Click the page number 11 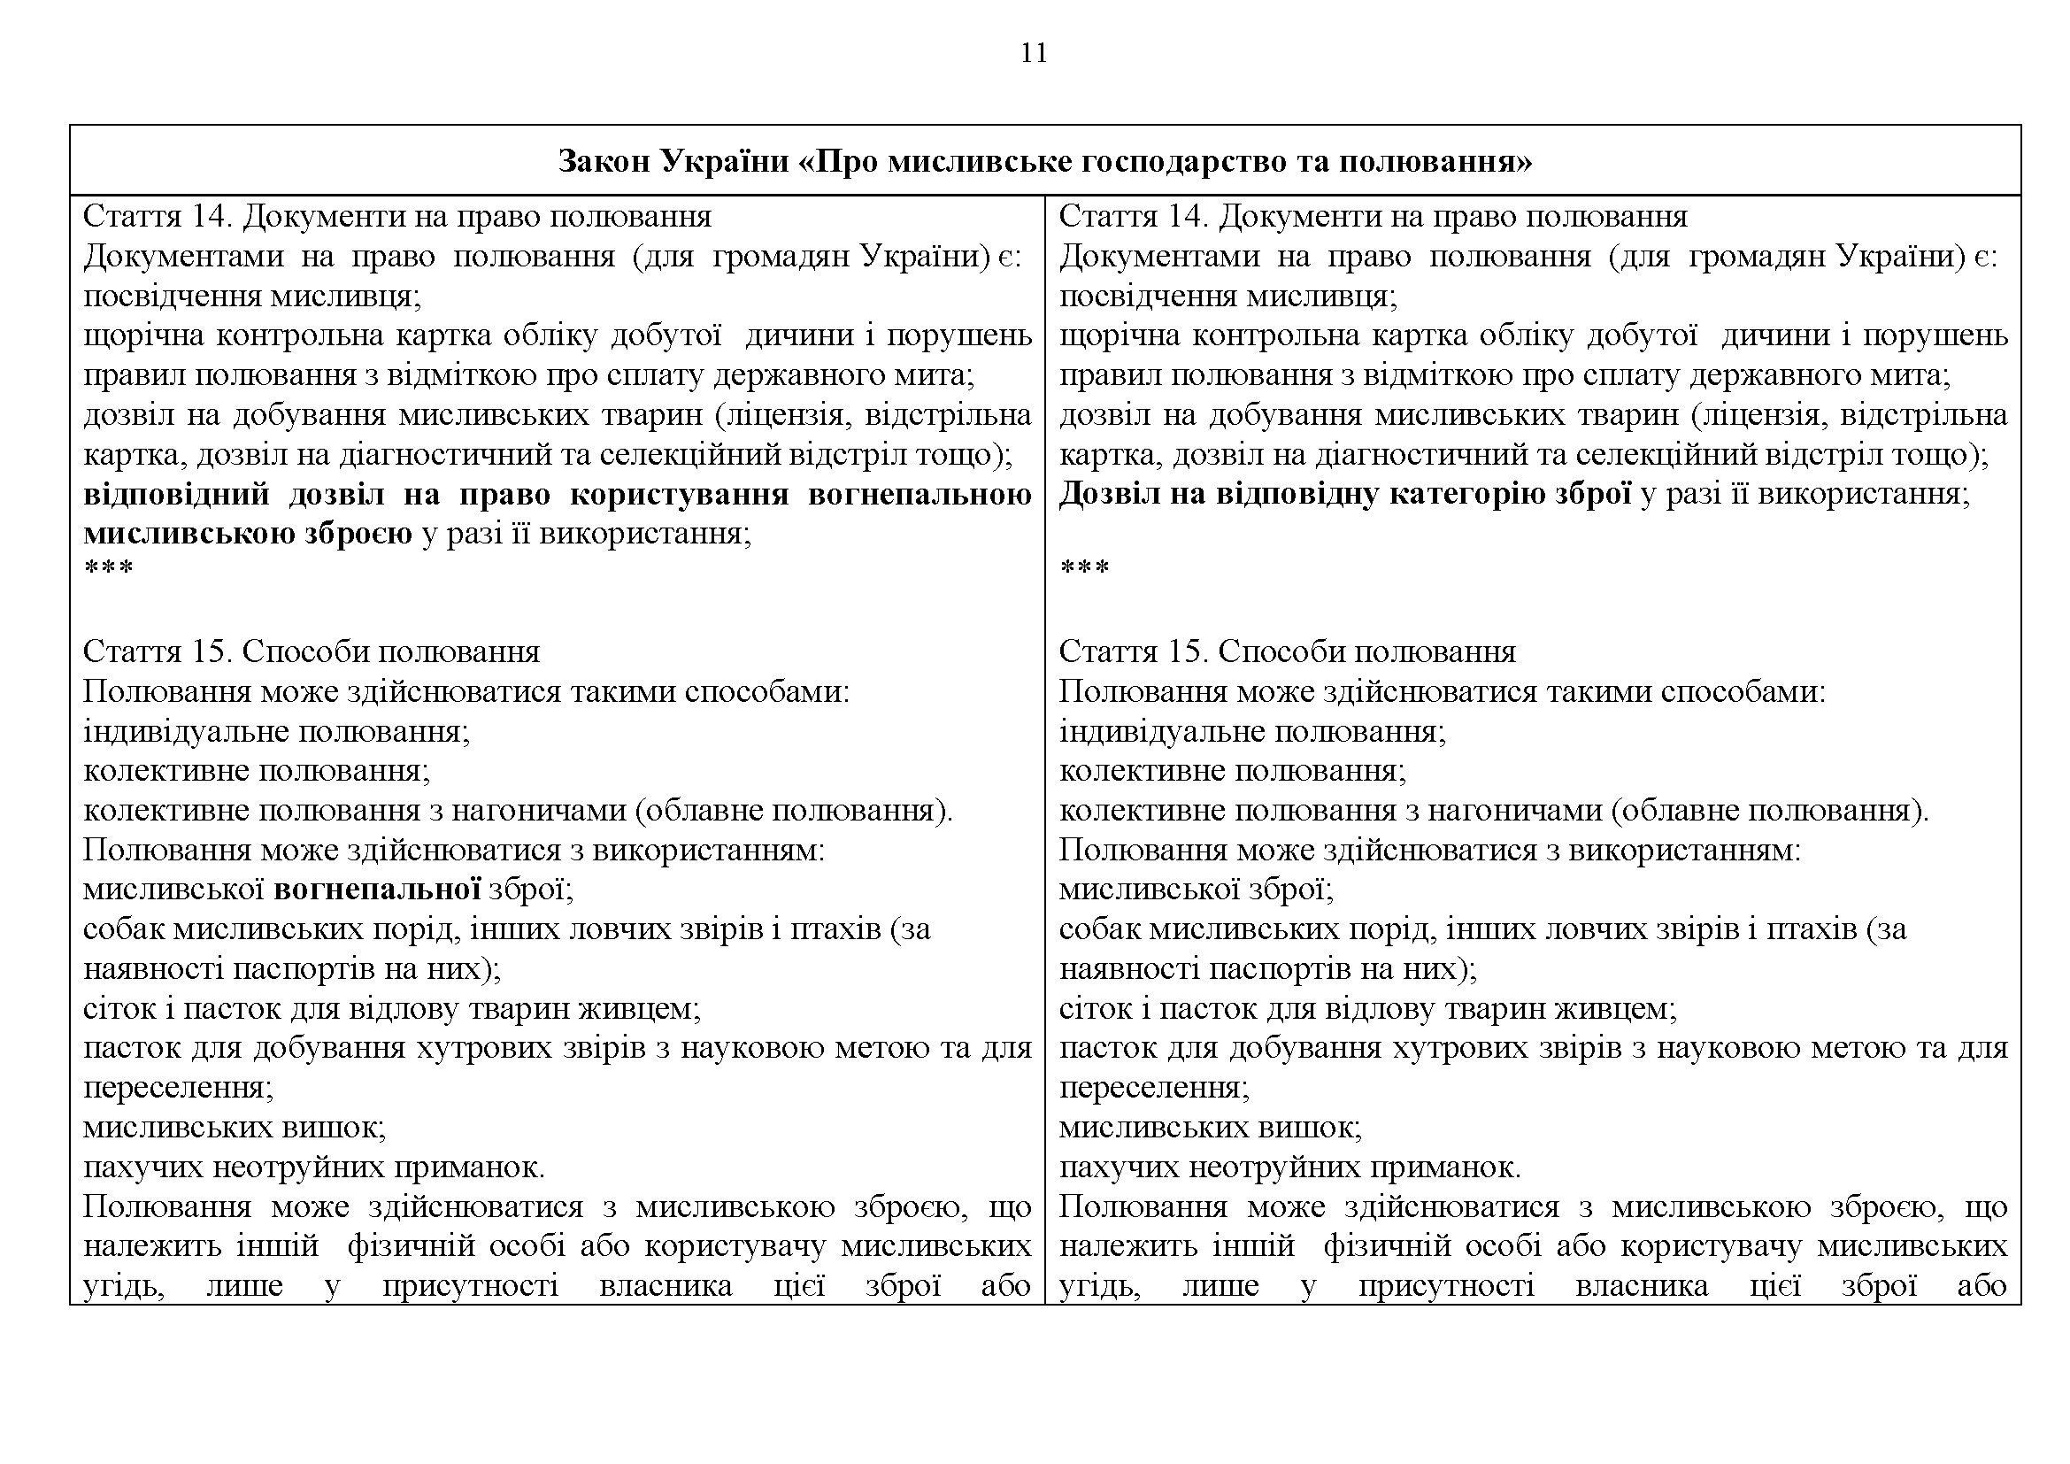[x=1034, y=53]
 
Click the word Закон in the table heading [x=604, y=161]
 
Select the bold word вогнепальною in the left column [x=920, y=495]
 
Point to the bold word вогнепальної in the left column [x=377, y=890]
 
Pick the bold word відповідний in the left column [x=177, y=495]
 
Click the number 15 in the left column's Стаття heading [x=212, y=651]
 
